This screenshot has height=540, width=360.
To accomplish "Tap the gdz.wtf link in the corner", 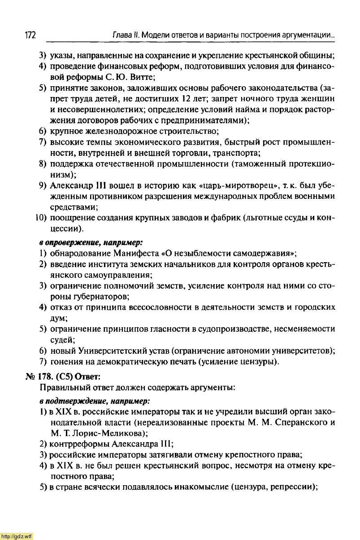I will [17, 536].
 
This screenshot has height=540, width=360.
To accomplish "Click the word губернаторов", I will [97, 296].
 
